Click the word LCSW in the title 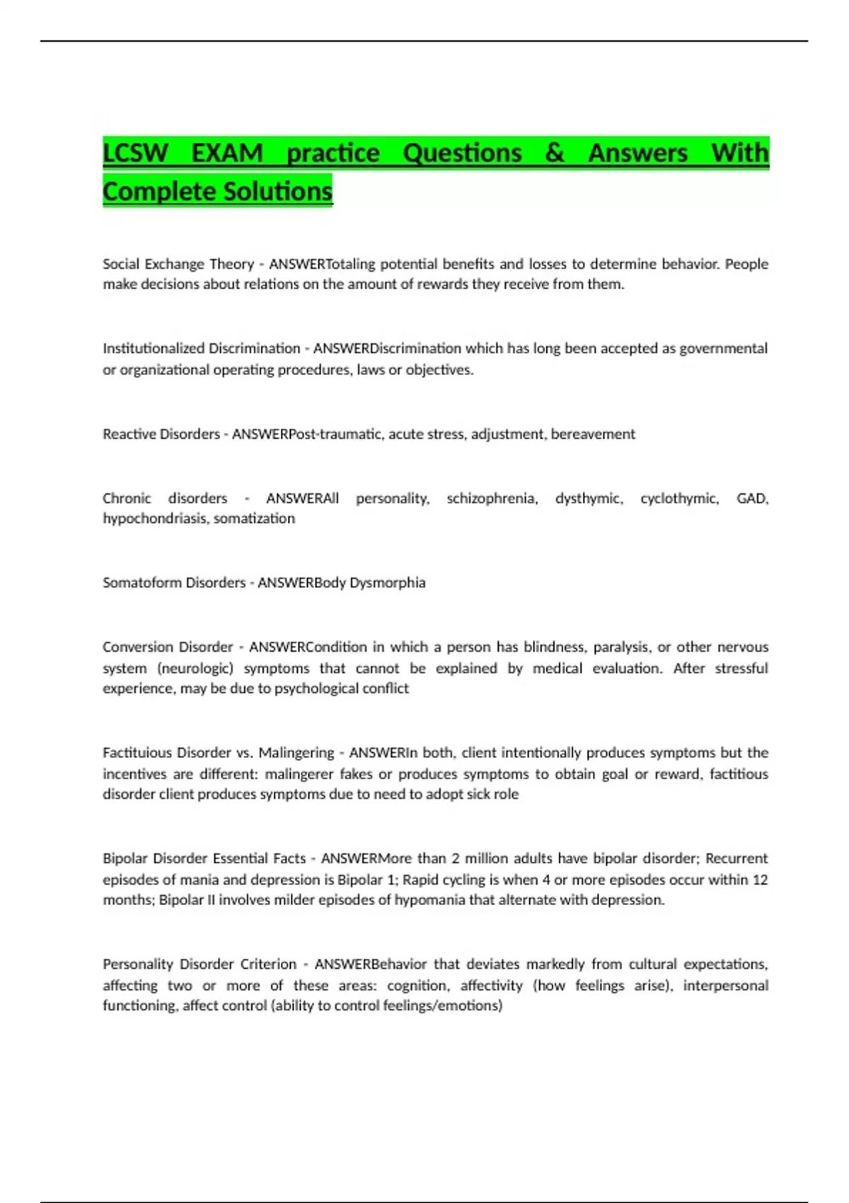(136, 153)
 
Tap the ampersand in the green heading (555, 153)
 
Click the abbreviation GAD (752, 498)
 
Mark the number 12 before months (760, 880)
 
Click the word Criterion (268, 964)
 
